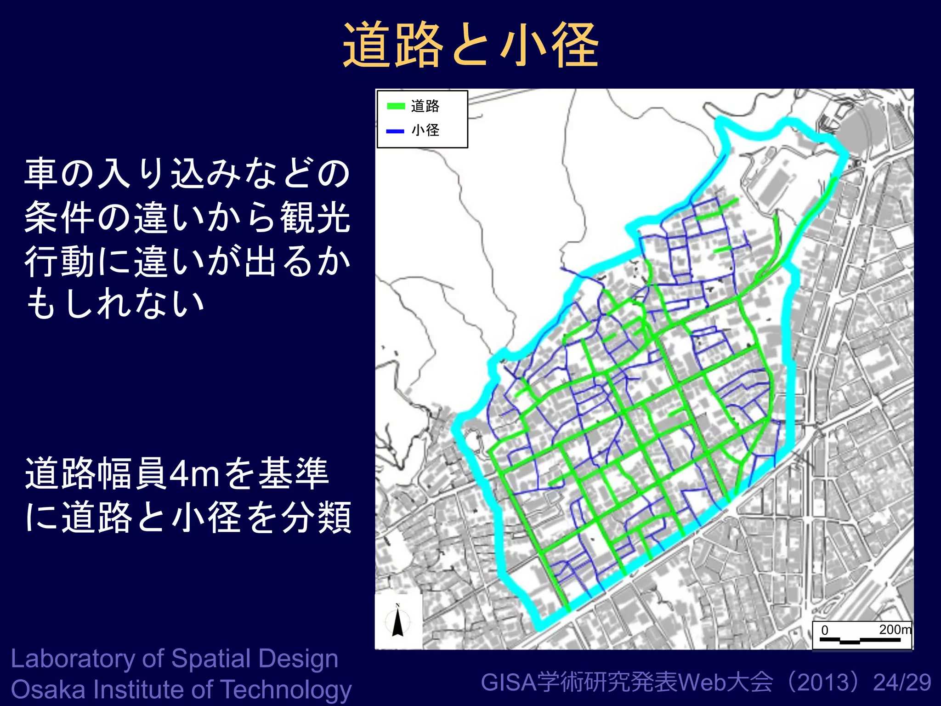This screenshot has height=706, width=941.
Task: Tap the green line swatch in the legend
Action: (x=396, y=106)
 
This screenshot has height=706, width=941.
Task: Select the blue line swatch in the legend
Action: (x=395, y=131)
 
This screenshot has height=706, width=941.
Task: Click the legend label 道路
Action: (x=425, y=106)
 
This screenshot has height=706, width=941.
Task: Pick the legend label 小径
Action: (x=425, y=131)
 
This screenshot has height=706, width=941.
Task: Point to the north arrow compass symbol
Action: (x=398, y=621)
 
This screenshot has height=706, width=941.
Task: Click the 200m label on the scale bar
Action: (x=895, y=629)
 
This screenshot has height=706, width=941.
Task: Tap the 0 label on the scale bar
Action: (x=825, y=630)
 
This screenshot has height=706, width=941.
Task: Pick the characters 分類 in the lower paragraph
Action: (x=317, y=517)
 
